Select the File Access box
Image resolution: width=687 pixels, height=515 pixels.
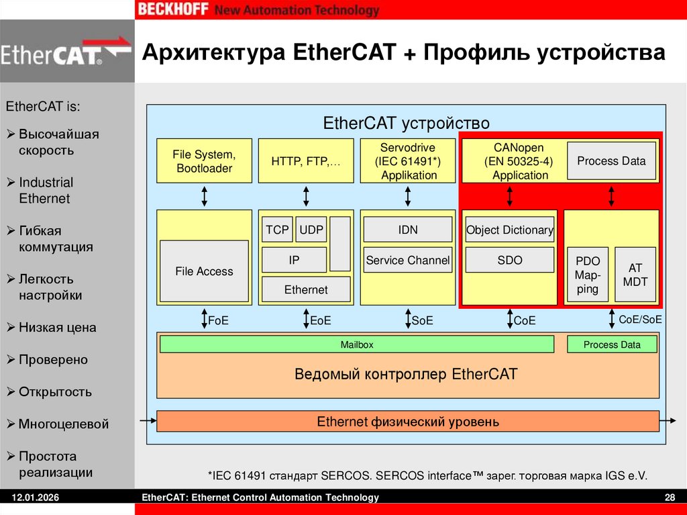tap(204, 271)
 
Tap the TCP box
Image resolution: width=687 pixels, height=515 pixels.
tap(276, 230)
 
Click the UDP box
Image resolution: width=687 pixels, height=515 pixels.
tap(311, 230)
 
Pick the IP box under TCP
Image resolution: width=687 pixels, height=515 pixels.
tap(294, 260)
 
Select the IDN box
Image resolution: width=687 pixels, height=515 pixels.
tap(408, 230)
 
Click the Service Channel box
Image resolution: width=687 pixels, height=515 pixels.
tap(408, 260)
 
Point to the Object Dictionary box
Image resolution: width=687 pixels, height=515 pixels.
tap(510, 230)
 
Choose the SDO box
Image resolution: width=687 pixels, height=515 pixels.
tap(510, 260)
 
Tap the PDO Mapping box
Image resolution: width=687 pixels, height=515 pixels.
tap(588, 275)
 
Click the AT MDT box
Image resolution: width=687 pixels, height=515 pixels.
tap(635, 275)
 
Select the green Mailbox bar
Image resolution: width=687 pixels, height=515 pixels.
tap(357, 344)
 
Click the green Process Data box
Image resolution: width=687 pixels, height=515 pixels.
tap(612, 344)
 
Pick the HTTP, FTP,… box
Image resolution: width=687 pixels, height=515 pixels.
tap(306, 161)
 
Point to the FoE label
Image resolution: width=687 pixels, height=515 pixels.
tap(219, 321)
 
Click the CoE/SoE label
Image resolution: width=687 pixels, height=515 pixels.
tap(640, 320)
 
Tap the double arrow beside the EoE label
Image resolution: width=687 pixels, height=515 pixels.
tap(306, 319)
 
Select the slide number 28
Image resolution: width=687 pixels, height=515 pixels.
tap(669, 498)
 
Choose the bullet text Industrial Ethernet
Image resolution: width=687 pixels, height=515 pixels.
tap(46, 191)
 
